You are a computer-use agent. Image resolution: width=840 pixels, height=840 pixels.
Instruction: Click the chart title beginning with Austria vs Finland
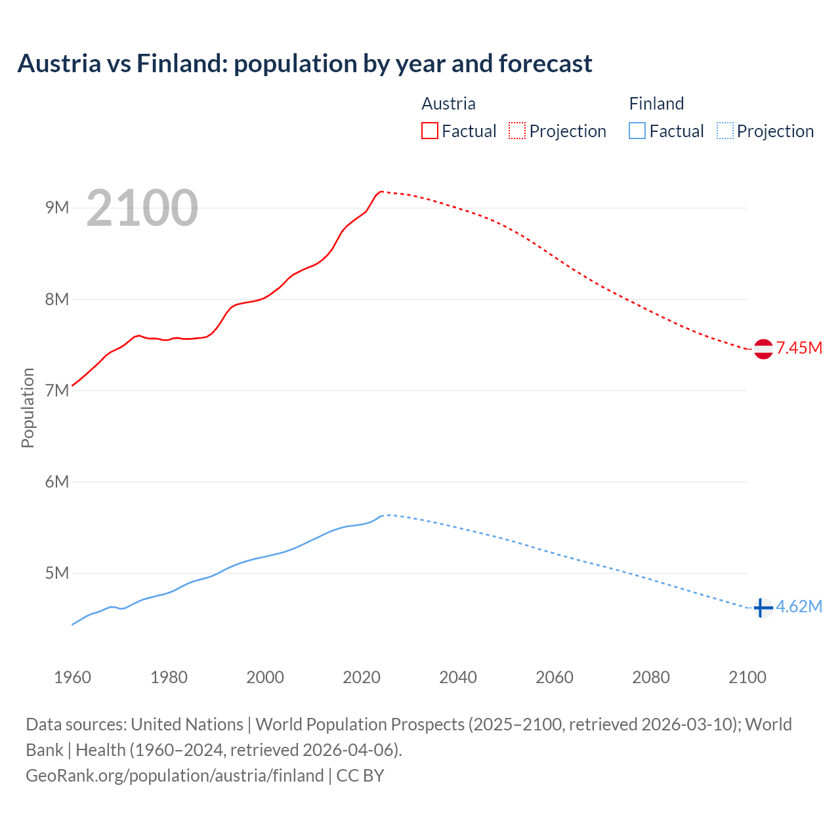tap(304, 64)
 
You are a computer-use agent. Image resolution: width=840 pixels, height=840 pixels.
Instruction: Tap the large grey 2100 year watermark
tap(142, 208)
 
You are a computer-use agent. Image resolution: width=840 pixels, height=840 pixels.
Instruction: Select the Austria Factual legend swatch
tap(430, 131)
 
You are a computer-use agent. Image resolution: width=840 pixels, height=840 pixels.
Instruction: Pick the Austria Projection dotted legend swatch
tap(517, 131)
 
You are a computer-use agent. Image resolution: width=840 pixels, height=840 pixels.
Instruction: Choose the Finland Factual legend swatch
tap(637, 131)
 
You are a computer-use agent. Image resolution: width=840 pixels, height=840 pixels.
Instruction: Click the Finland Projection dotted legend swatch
tap(725, 131)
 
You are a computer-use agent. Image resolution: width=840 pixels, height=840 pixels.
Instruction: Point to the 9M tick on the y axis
tap(57, 208)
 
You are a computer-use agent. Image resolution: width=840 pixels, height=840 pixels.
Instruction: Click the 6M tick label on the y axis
tap(57, 482)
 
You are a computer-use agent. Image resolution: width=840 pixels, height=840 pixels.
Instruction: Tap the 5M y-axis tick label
tap(57, 573)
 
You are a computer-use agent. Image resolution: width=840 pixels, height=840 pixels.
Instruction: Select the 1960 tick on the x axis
tap(72, 677)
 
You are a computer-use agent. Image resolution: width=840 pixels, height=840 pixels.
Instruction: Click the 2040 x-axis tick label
tap(458, 677)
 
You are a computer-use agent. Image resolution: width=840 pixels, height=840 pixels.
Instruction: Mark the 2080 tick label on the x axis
tap(651, 677)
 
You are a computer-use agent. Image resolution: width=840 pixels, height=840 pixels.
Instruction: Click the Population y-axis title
tap(28, 408)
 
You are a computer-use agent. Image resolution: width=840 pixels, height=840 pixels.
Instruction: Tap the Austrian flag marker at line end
tap(763, 349)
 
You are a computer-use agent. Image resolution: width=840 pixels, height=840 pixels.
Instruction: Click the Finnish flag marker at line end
tap(763, 608)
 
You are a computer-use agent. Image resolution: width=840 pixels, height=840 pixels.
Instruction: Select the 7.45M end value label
tap(799, 348)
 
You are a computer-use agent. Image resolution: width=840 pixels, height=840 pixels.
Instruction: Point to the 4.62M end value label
tap(799, 606)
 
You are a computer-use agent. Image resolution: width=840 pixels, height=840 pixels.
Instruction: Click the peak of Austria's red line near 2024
tap(381, 192)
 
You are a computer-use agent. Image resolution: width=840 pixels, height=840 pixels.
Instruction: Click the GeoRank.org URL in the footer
tap(175, 776)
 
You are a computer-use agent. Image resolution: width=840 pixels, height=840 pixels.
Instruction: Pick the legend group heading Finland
tap(656, 104)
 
